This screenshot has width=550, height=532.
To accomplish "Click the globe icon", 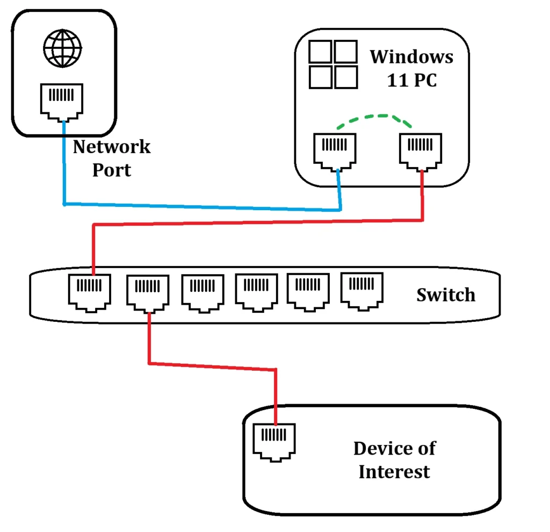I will [x=62, y=49].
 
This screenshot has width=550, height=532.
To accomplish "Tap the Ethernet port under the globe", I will [x=62, y=100].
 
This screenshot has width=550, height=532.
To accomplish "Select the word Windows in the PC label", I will [x=411, y=56].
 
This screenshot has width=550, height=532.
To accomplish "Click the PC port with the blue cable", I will [x=334, y=150].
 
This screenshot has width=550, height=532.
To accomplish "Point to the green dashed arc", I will [x=374, y=117].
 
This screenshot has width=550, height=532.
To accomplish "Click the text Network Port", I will [x=112, y=158].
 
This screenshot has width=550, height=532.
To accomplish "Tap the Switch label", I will [x=446, y=294].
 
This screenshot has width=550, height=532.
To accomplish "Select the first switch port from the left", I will [x=89, y=292].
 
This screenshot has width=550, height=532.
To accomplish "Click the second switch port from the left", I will [x=148, y=293].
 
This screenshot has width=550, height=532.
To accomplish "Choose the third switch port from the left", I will [x=202, y=293].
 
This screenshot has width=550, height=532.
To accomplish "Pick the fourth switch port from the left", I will [x=257, y=292].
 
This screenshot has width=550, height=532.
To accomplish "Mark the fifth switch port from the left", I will [x=308, y=291].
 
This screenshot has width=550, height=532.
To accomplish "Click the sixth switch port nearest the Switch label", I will [x=362, y=291].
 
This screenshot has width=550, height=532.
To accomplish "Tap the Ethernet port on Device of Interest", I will [x=274, y=442].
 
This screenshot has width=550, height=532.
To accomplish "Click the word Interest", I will [x=394, y=472].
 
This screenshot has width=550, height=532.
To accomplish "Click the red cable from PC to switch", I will [x=258, y=222].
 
